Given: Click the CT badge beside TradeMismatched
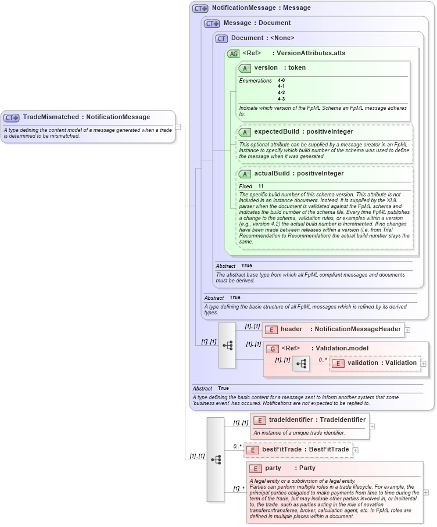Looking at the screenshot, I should point(12,117).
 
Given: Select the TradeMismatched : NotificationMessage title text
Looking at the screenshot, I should point(87,117).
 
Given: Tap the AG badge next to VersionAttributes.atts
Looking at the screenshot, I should point(233,53).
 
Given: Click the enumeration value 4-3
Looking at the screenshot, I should point(281,99).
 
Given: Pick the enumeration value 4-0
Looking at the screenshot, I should point(281,80).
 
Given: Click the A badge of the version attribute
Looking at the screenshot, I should point(245,68).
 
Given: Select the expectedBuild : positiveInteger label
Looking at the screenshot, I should point(303,132).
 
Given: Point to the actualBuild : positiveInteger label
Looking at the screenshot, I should point(299,174).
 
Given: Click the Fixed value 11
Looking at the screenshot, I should point(261,186).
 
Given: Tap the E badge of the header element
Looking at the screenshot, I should point(271,329).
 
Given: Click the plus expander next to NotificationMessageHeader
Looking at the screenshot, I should point(407,329).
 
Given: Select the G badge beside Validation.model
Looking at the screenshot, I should point(271,349).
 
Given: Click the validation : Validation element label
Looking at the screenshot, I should point(382,363).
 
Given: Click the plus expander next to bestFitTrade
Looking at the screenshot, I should point(356,450).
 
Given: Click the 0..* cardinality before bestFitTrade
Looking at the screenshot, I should point(238,446).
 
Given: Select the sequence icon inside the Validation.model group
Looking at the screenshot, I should point(301,364).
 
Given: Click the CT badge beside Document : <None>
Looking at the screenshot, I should point(221,38).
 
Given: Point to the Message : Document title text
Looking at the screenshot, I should point(257,23).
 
